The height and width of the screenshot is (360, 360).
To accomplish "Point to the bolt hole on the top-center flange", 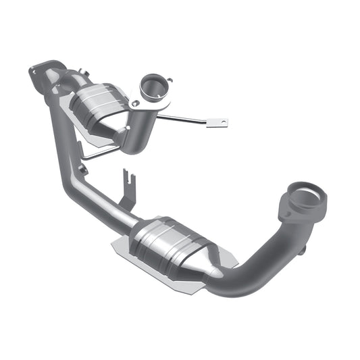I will (135, 103).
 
